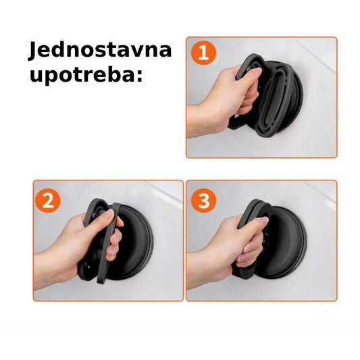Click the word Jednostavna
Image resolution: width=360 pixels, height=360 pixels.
coord(100,51)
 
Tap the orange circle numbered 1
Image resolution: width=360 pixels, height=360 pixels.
coord(204,53)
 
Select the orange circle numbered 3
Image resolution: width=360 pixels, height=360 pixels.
coord(204,201)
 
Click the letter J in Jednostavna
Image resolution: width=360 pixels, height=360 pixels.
coord(33,51)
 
